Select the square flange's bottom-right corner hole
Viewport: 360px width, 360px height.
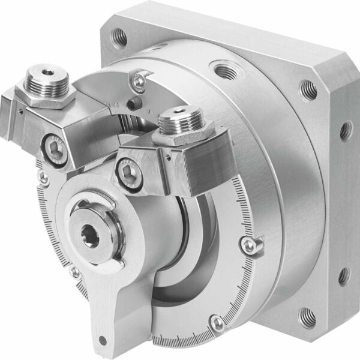[307, 314]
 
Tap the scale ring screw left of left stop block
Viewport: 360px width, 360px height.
[42, 176]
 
